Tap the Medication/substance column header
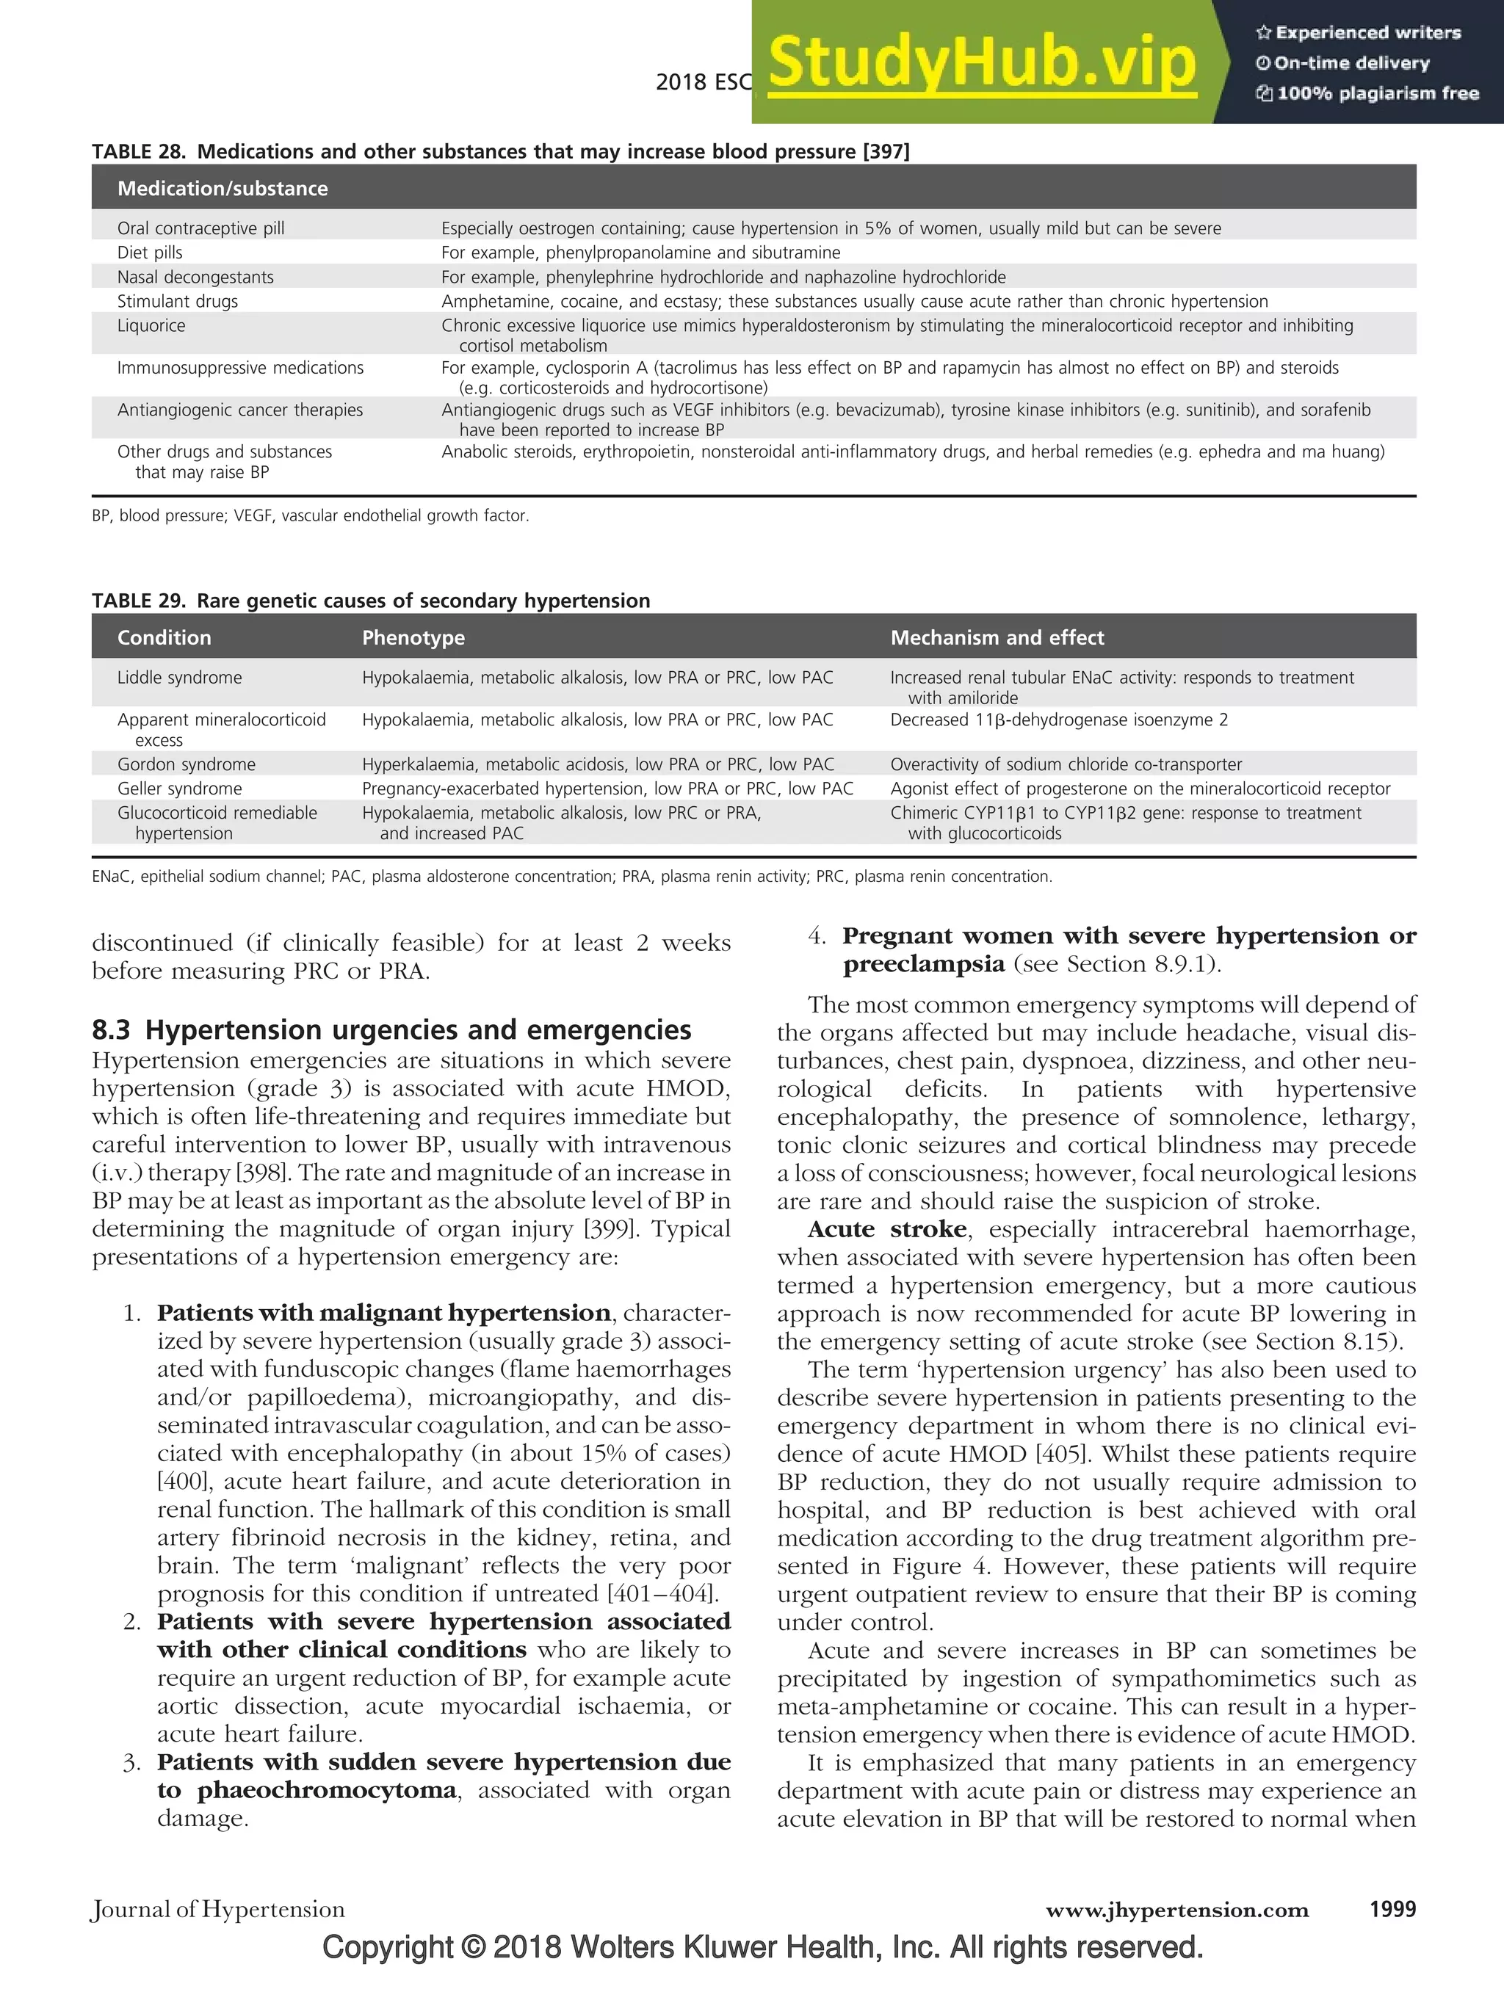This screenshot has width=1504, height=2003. click(x=222, y=189)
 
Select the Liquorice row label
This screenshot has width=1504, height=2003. click(x=151, y=325)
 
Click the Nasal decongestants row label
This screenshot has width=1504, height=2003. click(x=195, y=277)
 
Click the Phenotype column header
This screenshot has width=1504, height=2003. click(x=413, y=637)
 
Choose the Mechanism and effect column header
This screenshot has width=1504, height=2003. click(x=997, y=637)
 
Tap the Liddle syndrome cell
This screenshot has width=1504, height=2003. click(x=179, y=677)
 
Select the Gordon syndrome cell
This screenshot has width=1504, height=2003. click(x=187, y=764)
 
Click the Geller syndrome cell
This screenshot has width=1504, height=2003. click(x=179, y=788)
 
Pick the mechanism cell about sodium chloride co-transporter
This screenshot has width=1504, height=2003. click(x=1066, y=764)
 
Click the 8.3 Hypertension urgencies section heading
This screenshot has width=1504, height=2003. click(x=391, y=1029)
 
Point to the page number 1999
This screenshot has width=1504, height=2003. click(x=1392, y=1909)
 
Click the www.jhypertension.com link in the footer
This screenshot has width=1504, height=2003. click(x=1177, y=1910)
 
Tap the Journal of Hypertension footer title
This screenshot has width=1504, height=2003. click(x=218, y=1909)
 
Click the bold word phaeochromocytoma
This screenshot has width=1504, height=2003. click(x=326, y=1789)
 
